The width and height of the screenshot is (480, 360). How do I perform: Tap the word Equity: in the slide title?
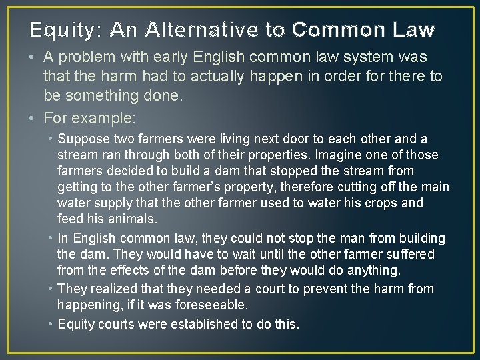click(65, 30)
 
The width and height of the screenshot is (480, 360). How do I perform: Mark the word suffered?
click(407, 254)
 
